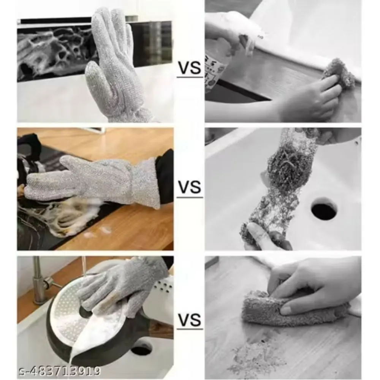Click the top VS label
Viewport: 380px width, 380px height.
coord(190,68)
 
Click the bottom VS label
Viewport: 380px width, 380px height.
coord(190,319)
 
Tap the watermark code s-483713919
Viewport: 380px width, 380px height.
coord(60,371)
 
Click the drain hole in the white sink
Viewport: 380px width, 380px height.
coord(324,208)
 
